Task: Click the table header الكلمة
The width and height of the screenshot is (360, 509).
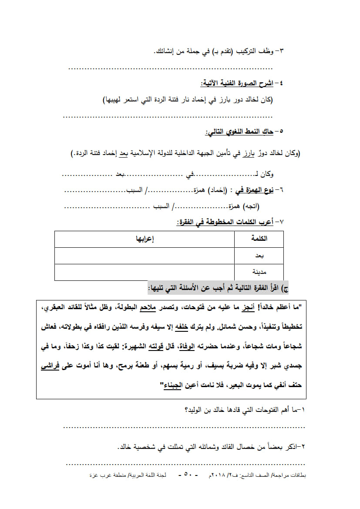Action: coord(260,239)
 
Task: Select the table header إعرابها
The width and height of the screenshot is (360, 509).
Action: coord(145,239)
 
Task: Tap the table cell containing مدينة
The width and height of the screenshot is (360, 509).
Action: coord(259,272)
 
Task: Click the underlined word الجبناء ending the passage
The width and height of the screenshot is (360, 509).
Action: coord(171,385)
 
